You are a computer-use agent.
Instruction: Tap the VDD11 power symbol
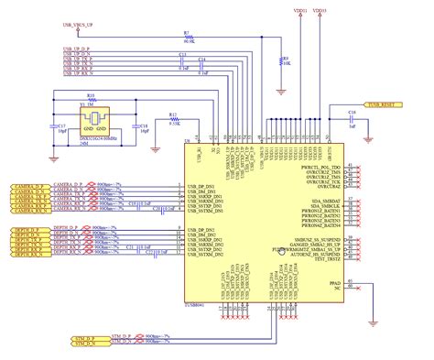[x=300, y=13]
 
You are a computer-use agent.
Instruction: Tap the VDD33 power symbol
[x=318, y=13]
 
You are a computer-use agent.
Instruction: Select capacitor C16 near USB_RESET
[x=351, y=116]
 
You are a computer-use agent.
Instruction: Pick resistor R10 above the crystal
[x=91, y=98]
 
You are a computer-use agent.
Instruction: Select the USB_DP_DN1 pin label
[x=204, y=186]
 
